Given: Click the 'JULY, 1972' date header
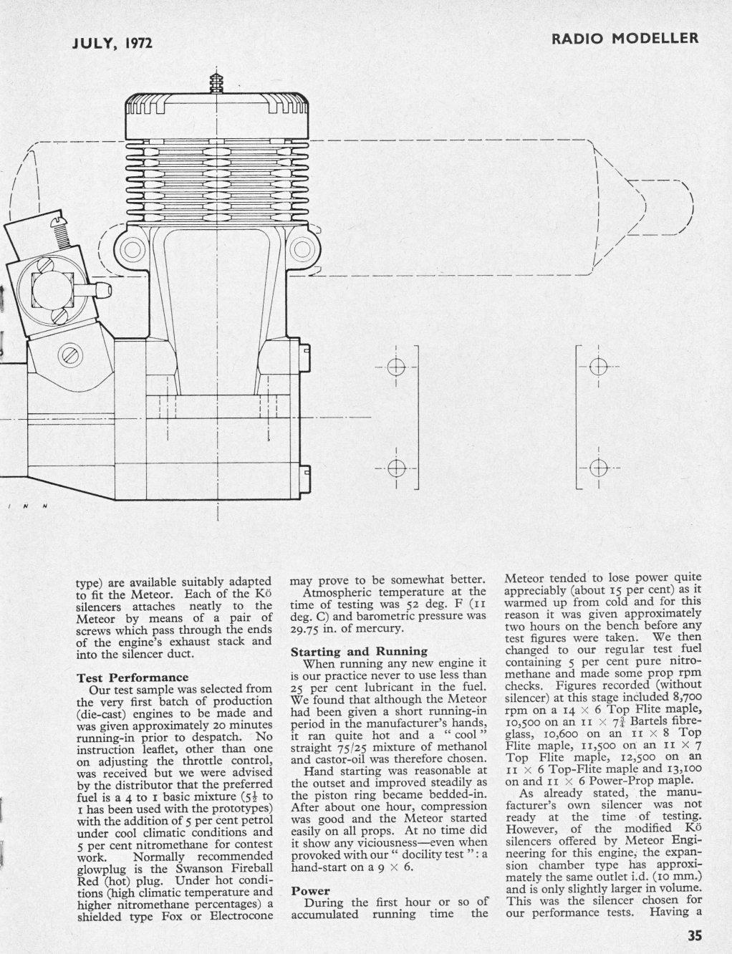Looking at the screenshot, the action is pyautogui.click(x=112, y=44).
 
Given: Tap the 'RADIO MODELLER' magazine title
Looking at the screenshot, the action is pyautogui.click(x=625, y=39).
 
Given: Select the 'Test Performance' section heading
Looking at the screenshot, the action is pyautogui.click(x=133, y=678).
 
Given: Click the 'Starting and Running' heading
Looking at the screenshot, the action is pyautogui.click(x=359, y=651).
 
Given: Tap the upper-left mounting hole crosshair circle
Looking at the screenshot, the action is pyautogui.click(x=396, y=367).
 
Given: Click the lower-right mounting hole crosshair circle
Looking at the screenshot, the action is pyautogui.click(x=598, y=468).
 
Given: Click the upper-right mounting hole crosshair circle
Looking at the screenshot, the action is pyautogui.click(x=598, y=367).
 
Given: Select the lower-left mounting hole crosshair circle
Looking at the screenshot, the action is pyautogui.click(x=396, y=468).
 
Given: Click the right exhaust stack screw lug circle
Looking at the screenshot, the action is pyautogui.click(x=302, y=249).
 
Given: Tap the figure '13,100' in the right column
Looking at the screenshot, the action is pyautogui.click(x=685, y=768).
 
